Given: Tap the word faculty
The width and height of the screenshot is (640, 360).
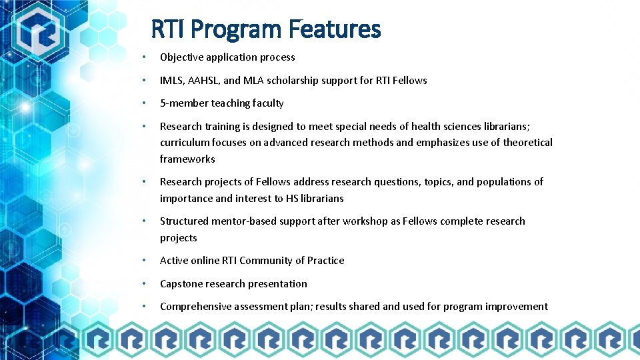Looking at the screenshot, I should [267, 103].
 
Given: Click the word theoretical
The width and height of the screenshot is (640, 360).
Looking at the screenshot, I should [527, 143].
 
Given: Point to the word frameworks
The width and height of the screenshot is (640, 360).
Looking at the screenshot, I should [187, 159].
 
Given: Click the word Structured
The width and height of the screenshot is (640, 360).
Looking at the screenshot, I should [184, 221].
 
